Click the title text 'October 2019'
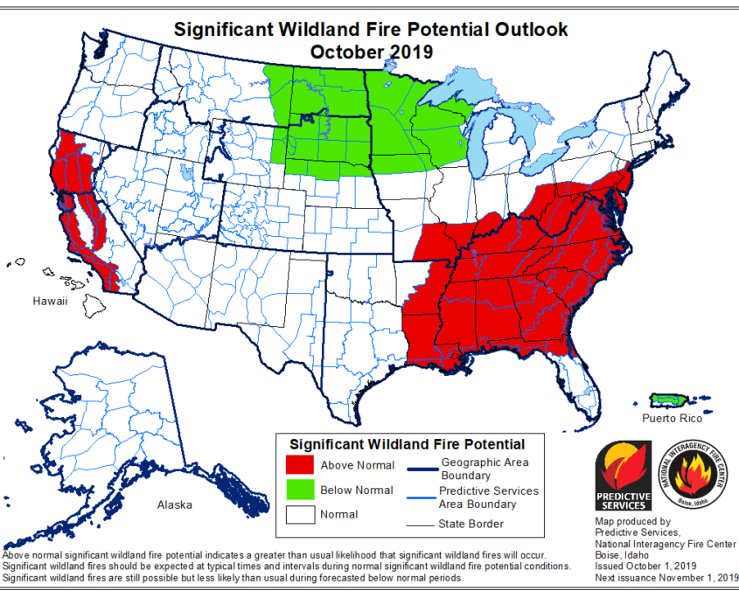point(371,52)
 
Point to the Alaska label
point(175,504)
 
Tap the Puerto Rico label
point(671,419)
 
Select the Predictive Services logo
point(624,475)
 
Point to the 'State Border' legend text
point(471,524)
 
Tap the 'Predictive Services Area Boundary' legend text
point(489,497)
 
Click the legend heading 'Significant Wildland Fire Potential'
point(407,444)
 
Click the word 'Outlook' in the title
point(526,29)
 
